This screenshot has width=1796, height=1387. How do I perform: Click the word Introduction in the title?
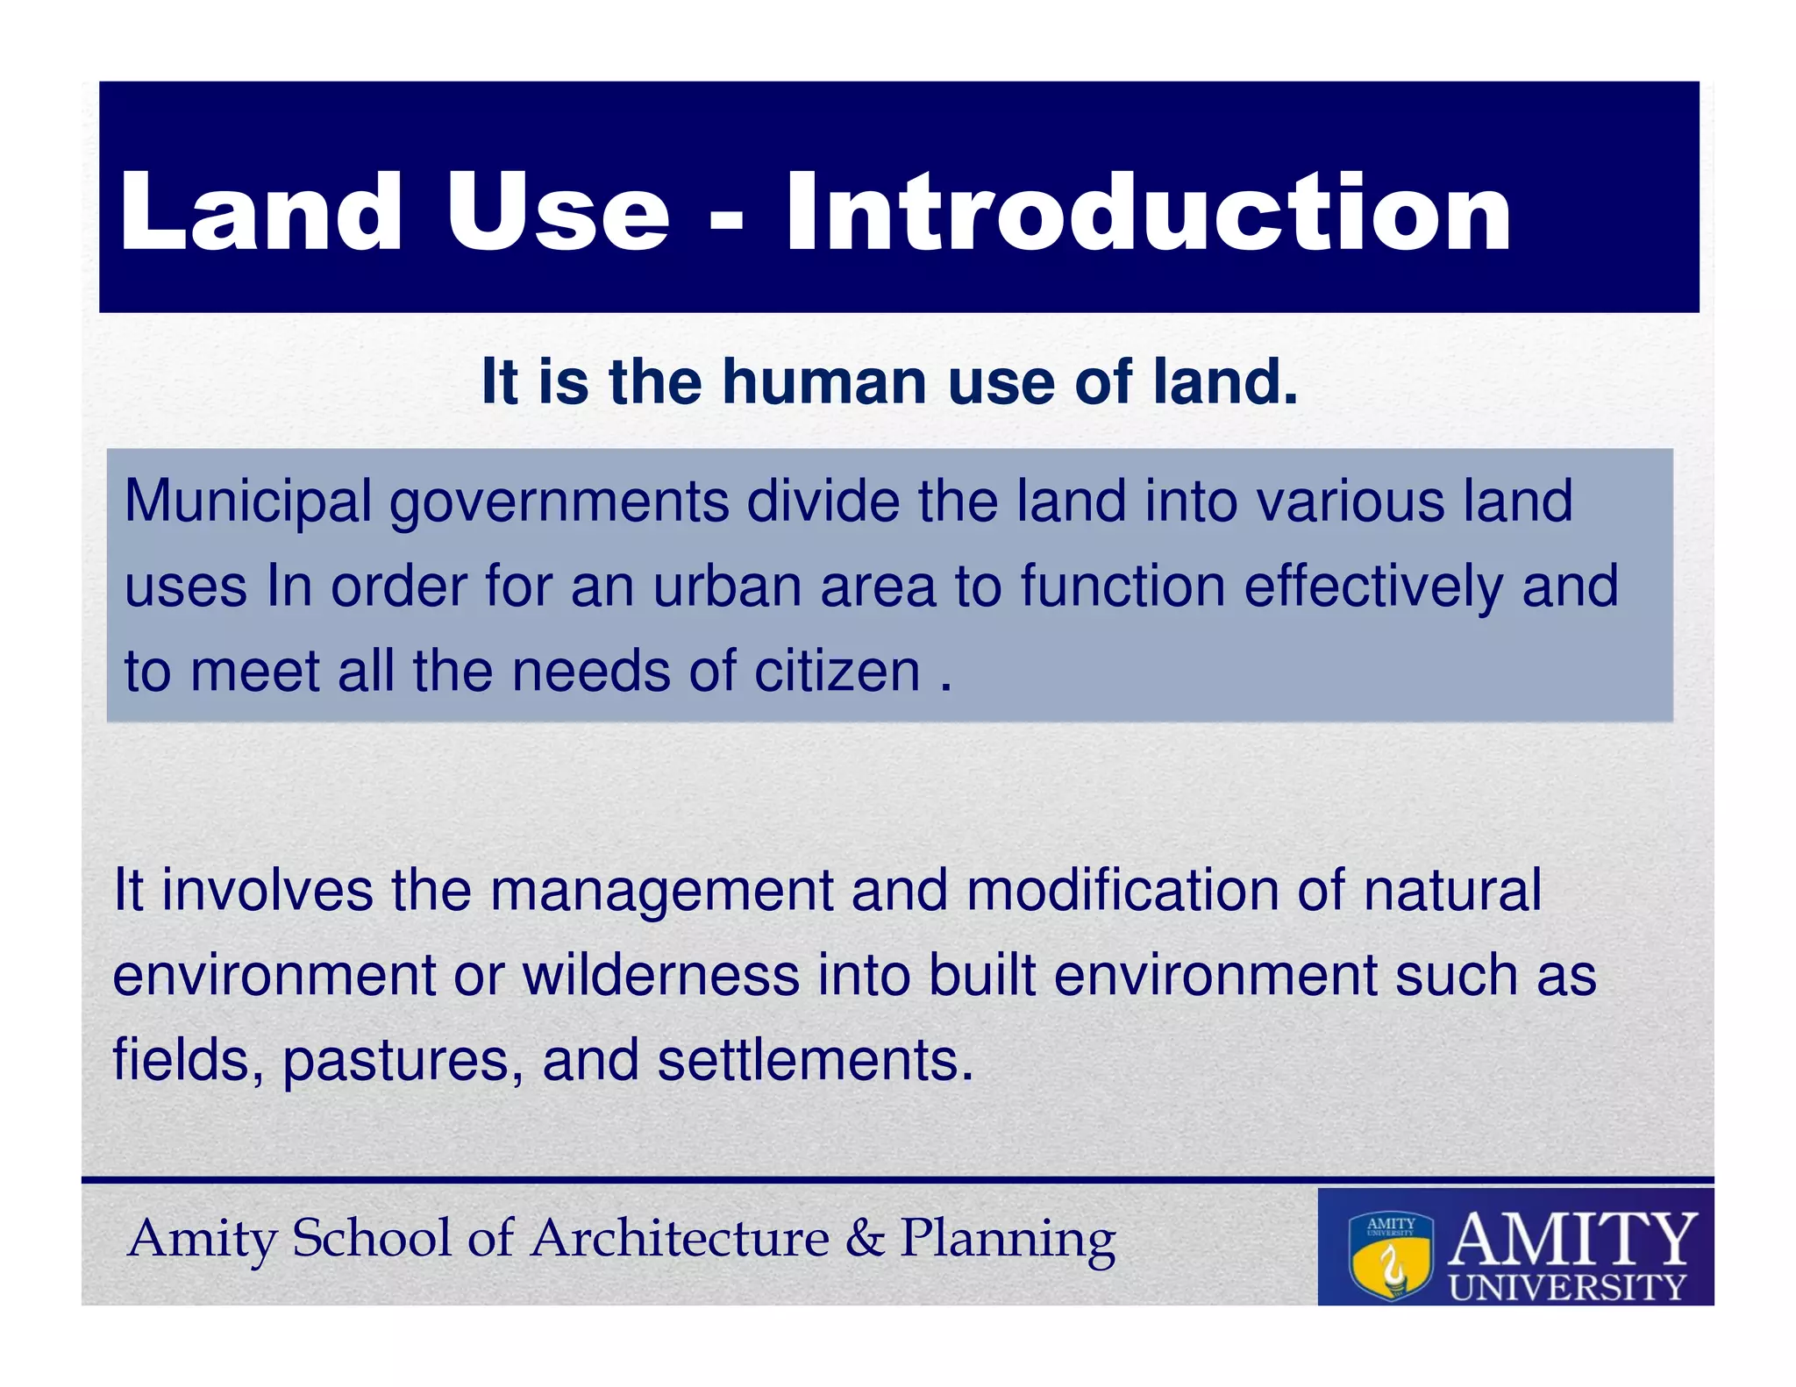[1148, 212]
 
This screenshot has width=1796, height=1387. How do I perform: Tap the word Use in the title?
[558, 212]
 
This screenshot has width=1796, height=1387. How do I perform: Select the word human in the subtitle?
[824, 382]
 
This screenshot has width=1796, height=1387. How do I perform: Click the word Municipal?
[248, 501]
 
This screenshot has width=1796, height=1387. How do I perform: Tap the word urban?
[727, 587]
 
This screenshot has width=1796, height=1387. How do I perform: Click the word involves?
[267, 890]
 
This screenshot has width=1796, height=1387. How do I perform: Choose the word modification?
[1122, 890]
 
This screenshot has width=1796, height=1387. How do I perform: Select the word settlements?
[816, 1060]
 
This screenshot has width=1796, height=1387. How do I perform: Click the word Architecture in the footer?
[680, 1239]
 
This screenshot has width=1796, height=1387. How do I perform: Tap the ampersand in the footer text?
[865, 1239]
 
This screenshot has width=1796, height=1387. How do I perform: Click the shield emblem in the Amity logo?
[1390, 1255]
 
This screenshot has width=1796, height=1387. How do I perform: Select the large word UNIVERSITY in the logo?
[1568, 1287]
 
